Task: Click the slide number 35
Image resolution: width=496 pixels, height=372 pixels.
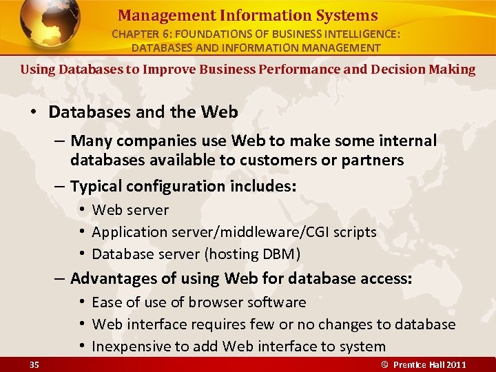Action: tap(34, 364)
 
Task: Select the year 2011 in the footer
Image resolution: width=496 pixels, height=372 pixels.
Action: tap(455, 364)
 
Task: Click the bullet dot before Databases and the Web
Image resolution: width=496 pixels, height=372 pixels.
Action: tap(34, 112)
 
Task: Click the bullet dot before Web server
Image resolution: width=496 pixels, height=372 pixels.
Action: tap(81, 209)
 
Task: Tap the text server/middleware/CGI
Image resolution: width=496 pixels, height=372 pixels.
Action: tap(242, 232)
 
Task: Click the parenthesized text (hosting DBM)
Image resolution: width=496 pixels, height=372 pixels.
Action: tap(253, 254)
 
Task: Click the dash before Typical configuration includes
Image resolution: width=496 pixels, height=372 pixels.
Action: tap(61, 186)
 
